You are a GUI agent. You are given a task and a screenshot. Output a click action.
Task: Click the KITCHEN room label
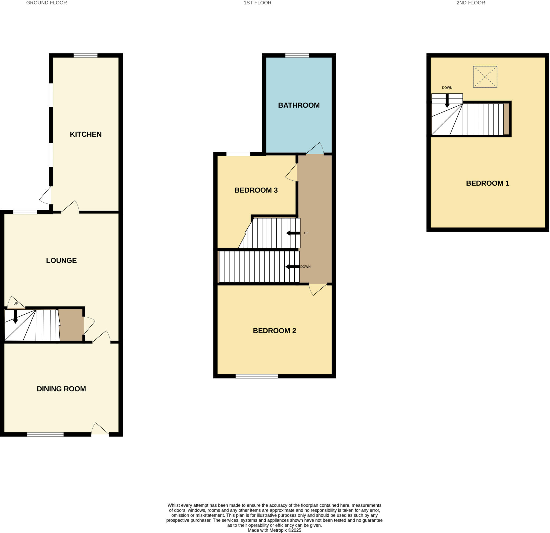86,134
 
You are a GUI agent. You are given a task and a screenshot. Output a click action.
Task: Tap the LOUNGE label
61,261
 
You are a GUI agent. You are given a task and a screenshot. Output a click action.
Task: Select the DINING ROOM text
61,389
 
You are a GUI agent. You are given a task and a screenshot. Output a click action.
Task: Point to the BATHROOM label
299,105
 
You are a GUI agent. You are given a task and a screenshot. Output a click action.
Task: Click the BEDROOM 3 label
256,190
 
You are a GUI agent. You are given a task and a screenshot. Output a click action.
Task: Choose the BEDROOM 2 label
274,331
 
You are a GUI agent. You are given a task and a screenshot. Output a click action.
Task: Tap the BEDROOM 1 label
487,183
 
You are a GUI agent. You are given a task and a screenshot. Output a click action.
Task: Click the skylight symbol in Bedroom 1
485,77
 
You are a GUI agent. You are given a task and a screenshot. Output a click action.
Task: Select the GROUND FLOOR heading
46,3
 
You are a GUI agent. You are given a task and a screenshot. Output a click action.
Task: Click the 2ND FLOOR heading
471,3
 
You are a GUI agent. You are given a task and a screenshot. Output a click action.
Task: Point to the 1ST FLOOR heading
257,3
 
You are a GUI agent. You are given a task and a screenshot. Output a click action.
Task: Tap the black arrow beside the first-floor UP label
293,233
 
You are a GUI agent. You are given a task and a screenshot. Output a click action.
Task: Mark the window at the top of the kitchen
86,56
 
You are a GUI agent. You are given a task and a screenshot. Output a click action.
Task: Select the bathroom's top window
297,56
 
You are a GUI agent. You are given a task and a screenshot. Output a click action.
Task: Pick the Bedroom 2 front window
256,376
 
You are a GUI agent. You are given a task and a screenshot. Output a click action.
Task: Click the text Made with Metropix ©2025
274,530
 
